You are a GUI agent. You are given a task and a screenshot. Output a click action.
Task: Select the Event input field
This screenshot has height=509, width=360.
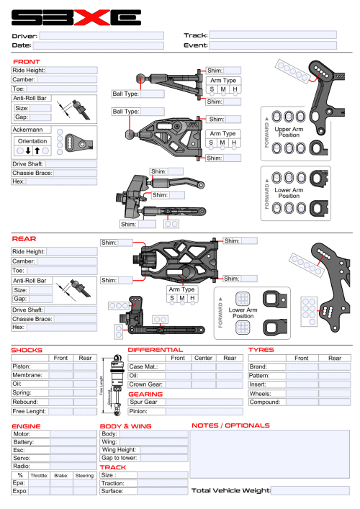tap(273, 45)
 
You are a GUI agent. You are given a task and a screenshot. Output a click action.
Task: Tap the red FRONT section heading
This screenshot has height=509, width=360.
tap(27, 62)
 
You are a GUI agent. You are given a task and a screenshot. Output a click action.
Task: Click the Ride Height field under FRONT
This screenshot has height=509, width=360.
tap(72, 71)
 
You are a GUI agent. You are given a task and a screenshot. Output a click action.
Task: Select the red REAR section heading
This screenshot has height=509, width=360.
tap(24, 238)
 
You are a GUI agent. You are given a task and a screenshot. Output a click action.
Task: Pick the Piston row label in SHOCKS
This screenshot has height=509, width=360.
tap(22, 366)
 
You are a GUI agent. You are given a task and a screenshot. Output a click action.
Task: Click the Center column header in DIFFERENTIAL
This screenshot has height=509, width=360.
tap(203, 358)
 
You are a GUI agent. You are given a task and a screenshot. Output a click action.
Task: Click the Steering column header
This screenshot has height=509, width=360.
tap(84, 475)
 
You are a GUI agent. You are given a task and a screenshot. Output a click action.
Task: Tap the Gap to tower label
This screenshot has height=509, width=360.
tap(119, 458)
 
